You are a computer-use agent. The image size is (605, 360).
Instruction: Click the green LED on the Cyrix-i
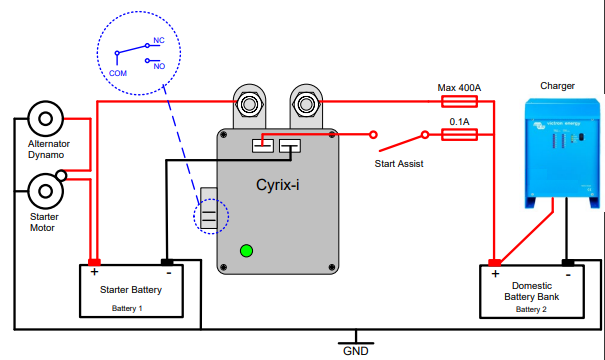[x=246, y=250]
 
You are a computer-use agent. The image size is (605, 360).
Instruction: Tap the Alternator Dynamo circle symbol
[x=44, y=118]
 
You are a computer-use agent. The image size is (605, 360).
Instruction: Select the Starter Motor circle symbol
[x=44, y=189]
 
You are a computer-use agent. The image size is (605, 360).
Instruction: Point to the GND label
[x=356, y=351]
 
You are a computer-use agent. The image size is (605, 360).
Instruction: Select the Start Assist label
[x=400, y=162]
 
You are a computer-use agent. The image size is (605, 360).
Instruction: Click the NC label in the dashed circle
[x=158, y=44]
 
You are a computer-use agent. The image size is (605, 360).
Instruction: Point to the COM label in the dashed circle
[x=118, y=73]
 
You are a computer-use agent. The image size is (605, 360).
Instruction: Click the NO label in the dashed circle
[x=158, y=65]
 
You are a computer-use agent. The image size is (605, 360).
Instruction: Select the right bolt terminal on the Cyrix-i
[x=304, y=102]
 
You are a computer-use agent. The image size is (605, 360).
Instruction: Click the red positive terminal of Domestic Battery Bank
[x=495, y=263]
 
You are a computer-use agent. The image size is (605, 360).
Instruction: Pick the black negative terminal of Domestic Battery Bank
[x=567, y=263]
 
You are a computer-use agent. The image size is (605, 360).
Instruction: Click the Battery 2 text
[x=531, y=309]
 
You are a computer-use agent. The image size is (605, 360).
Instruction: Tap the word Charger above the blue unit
[x=557, y=86]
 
